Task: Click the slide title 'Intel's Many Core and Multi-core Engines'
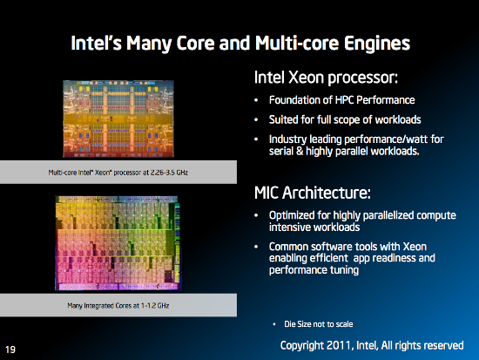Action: [x=239, y=42]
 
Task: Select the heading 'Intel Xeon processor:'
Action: [x=326, y=78]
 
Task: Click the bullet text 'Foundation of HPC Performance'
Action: [x=336, y=98]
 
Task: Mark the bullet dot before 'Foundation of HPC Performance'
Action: [x=258, y=98]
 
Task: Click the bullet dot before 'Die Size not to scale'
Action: [x=275, y=325]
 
